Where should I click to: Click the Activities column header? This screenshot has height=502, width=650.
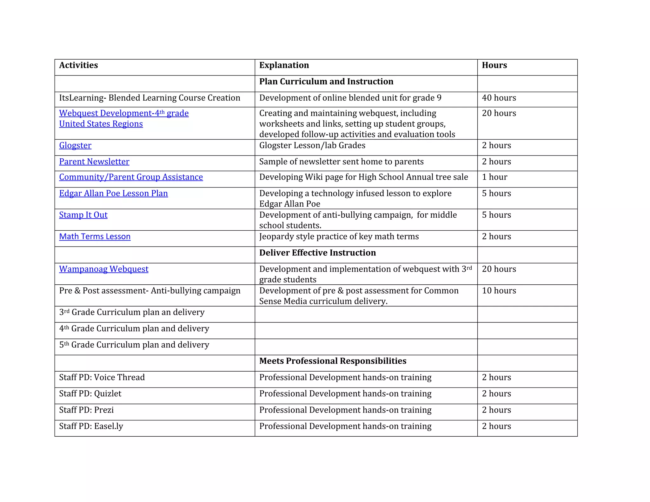tap(78, 65)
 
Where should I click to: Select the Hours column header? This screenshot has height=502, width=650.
tap(494, 65)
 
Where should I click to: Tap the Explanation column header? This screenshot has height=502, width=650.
tap(284, 65)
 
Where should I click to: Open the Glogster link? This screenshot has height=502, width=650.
tap(75, 146)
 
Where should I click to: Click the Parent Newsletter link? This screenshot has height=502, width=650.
tap(94, 162)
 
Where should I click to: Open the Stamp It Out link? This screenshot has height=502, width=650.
tap(83, 215)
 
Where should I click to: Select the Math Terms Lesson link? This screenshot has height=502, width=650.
tap(95, 237)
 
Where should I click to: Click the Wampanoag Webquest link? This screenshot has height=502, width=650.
tap(103, 269)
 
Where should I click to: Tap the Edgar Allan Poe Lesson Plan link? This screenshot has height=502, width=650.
tap(113, 194)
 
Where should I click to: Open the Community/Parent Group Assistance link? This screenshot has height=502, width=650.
tap(131, 177)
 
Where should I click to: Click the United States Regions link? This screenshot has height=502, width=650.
tap(101, 124)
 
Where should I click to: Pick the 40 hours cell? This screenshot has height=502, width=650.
tap(499, 98)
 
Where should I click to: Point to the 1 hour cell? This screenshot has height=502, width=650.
tap(494, 177)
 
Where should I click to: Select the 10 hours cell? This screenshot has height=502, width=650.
tap(499, 291)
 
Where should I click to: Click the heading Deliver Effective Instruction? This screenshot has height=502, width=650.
tap(317, 253)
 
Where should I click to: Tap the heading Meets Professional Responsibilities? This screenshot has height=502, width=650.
tap(333, 361)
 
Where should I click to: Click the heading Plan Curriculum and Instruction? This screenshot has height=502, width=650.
tap(326, 82)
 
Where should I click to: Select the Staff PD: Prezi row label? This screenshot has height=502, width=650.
tap(86, 410)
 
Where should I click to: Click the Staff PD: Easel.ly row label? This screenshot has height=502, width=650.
tap(91, 426)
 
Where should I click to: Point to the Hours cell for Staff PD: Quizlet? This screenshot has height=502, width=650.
tap(496, 394)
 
